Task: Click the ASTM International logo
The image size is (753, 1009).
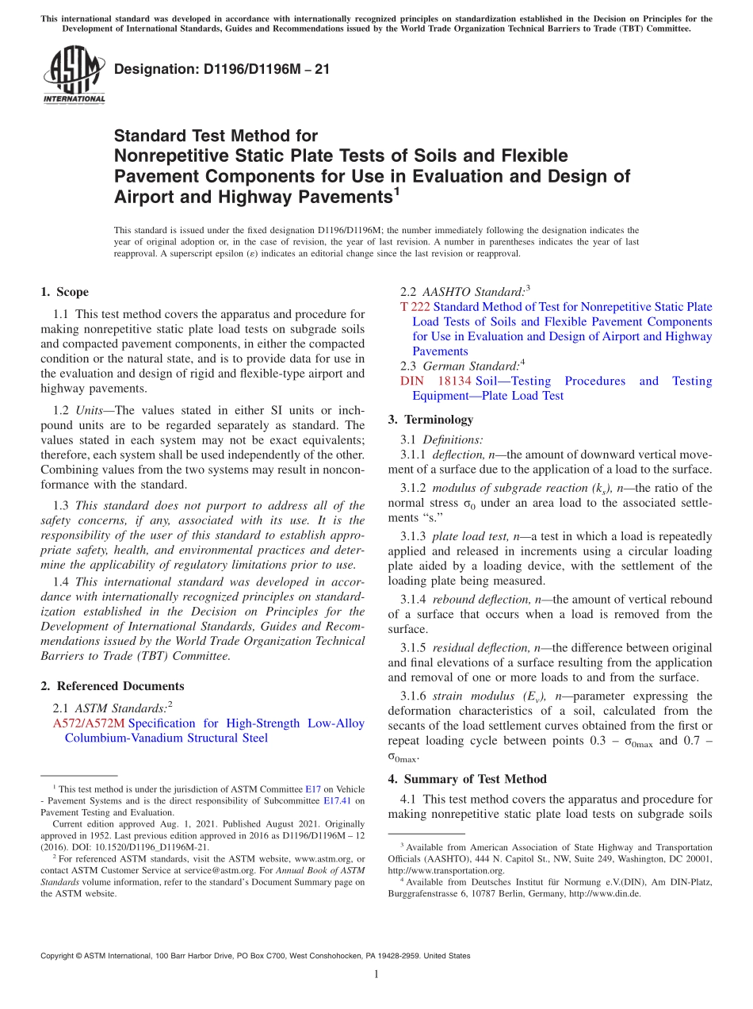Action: [x=74, y=77]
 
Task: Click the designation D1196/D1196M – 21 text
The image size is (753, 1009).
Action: [x=222, y=70]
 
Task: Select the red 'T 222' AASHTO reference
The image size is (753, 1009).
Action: [x=415, y=307]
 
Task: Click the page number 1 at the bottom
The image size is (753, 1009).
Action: [x=376, y=975]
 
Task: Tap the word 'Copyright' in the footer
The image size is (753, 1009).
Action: [x=59, y=956]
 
